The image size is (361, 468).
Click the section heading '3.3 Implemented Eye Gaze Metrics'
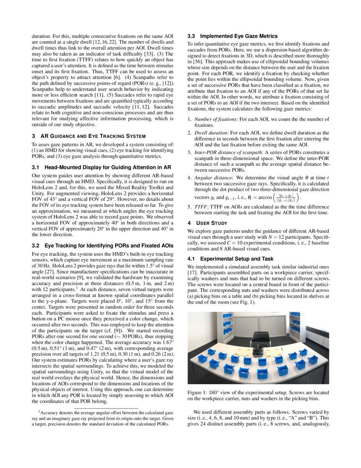[232, 36]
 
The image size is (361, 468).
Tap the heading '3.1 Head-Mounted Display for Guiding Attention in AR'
[102, 167]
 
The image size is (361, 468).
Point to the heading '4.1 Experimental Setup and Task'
[231, 259]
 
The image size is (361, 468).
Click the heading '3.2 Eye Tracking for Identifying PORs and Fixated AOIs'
[102, 245]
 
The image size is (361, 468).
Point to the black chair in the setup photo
[259, 338]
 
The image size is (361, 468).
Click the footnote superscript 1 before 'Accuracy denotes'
[39, 411]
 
